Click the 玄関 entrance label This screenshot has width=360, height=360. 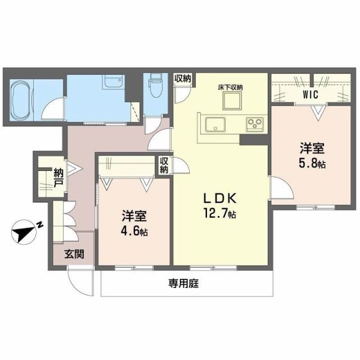[74, 254]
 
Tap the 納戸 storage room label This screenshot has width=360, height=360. [58, 178]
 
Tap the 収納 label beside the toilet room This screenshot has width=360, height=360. [182, 79]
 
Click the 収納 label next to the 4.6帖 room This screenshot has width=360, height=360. [164, 164]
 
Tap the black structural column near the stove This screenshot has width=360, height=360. [247, 140]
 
